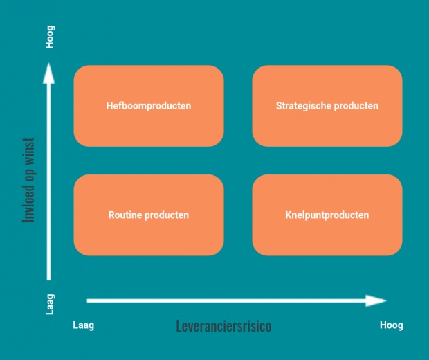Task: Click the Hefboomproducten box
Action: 149,106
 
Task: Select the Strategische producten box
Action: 327,106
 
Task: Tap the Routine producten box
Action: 149,215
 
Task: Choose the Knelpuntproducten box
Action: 327,215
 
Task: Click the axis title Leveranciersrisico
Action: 223,325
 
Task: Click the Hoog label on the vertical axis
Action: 50,37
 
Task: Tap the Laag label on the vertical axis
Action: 50,305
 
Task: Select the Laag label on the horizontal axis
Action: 83,325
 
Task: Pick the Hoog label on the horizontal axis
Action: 391,325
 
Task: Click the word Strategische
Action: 304,106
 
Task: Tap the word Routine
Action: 125,215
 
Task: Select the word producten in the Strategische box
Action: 356,106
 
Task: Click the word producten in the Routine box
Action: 166,215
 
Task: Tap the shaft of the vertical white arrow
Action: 48,180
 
